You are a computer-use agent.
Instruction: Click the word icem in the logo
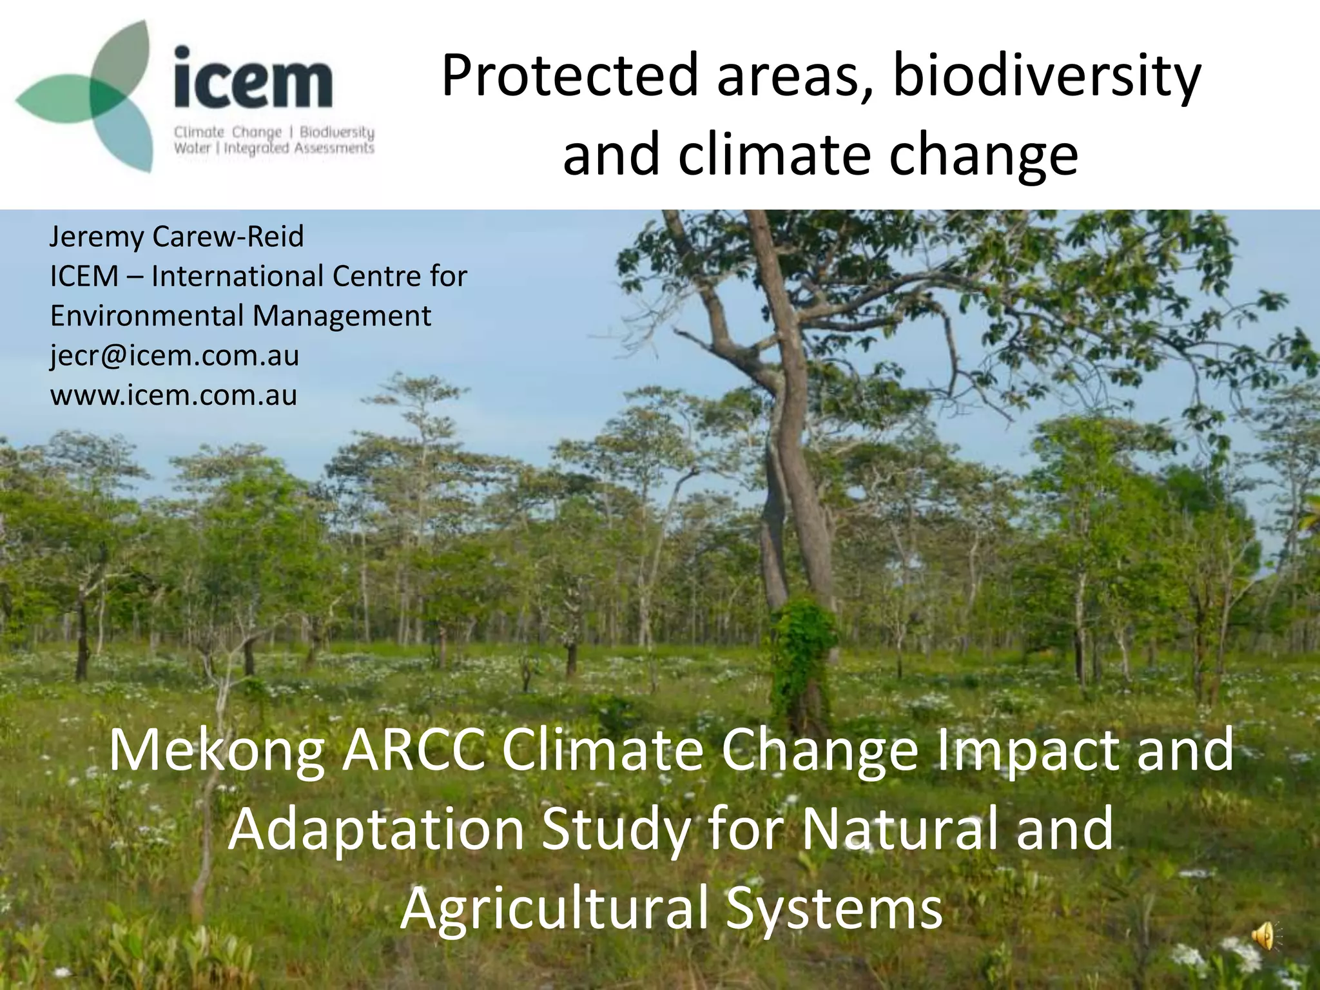point(253,81)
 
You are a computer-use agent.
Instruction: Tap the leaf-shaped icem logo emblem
point(90,97)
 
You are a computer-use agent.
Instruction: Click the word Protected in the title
point(570,75)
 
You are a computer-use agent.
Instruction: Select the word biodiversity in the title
point(1047,75)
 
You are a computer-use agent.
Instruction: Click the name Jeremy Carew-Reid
point(177,237)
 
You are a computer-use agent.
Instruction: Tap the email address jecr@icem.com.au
point(175,355)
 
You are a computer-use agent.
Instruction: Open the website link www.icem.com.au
point(174,395)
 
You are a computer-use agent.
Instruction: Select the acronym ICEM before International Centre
point(84,277)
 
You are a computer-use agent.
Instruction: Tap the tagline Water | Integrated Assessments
point(274,148)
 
